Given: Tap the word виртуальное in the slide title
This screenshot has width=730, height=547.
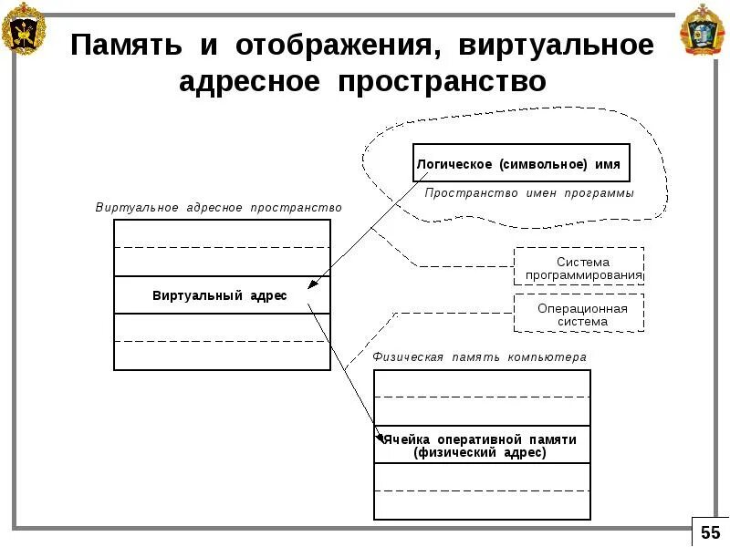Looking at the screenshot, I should [x=557, y=46].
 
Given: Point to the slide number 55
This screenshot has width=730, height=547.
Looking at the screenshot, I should [x=710, y=532].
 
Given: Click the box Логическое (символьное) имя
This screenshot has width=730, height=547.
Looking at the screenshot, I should [x=521, y=164].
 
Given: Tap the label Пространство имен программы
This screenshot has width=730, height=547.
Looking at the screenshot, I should [x=528, y=193].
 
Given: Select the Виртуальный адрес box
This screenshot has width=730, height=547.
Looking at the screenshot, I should [x=222, y=295].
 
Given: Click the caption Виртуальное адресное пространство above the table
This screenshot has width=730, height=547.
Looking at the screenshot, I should [x=219, y=208].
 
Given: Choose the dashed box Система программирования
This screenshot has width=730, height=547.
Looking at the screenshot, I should [x=579, y=268].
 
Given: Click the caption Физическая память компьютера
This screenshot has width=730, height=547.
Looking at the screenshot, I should [x=479, y=357].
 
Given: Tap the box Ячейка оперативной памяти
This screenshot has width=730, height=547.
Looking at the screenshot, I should [x=482, y=439].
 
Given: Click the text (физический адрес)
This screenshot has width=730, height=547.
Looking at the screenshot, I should [x=479, y=452].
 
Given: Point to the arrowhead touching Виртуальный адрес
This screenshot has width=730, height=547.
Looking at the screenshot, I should [x=312, y=284].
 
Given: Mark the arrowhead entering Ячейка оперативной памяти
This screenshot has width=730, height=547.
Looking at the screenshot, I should [x=381, y=439].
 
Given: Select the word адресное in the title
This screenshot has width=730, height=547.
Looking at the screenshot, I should [x=249, y=83].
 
